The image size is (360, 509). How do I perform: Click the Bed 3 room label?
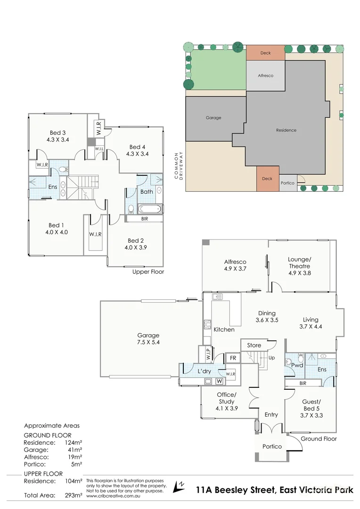(x=58, y=136)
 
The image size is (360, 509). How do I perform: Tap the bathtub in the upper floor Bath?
(x=149, y=209)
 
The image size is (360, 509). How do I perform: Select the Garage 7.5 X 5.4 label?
(x=148, y=338)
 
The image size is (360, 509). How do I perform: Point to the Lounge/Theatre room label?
(x=300, y=266)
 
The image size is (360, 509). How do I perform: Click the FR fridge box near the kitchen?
(x=233, y=358)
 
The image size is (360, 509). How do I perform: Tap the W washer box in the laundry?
(x=220, y=381)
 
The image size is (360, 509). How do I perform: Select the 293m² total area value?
(x=74, y=495)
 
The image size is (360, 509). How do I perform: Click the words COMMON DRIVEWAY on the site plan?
(x=179, y=165)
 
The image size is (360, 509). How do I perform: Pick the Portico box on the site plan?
(x=287, y=183)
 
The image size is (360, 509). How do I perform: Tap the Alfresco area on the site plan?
(x=266, y=75)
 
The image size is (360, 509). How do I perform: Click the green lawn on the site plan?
(x=218, y=70)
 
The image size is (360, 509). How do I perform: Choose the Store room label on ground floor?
(x=254, y=345)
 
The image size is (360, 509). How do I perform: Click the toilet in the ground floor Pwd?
(x=300, y=358)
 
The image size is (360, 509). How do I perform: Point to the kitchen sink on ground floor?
(x=217, y=296)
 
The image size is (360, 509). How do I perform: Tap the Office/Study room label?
(x=227, y=402)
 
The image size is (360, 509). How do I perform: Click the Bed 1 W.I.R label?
(x=96, y=234)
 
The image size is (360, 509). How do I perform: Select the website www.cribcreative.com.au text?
(x=113, y=496)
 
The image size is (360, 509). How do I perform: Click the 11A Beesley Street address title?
(x=274, y=490)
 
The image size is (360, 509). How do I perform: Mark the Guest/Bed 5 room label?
(x=311, y=408)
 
